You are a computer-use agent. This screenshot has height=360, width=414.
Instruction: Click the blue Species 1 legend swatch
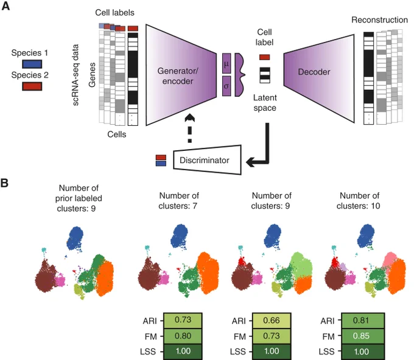pyautogui.click(x=32, y=64)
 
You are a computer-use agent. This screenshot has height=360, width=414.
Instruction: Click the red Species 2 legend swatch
pyautogui.click(x=32, y=86)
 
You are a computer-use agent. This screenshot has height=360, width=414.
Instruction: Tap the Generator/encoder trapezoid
pyautogui.click(x=181, y=75)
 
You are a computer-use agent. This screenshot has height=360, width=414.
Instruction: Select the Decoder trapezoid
pyautogui.click(x=319, y=78)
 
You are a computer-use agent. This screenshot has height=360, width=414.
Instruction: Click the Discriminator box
pyautogui.click(x=207, y=160)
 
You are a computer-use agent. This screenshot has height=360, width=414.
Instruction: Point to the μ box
pyautogui.click(x=226, y=63)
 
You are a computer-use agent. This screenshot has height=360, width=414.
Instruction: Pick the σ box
pyautogui.click(x=226, y=86)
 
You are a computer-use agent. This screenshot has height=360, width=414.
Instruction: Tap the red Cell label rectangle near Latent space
pyautogui.click(x=265, y=57)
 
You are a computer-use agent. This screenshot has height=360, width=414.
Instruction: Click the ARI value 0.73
pyautogui.click(x=183, y=320)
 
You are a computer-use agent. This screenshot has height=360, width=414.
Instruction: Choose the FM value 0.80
pyautogui.click(x=183, y=336)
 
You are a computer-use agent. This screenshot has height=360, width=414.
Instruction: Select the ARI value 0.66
pyautogui.click(x=272, y=320)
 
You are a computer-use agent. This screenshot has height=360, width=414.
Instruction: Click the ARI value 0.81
pyautogui.click(x=360, y=320)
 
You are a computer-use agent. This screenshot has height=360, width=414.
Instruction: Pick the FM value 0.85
pyautogui.click(x=360, y=336)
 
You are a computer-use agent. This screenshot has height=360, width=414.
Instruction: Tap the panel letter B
pyautogui.click(x=4, y=183)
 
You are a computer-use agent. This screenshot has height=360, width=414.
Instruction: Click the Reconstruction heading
pyautogui.click(x=379, y=20)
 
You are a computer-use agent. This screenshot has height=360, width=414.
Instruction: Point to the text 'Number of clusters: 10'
pyautogui.click(x=359, y=201)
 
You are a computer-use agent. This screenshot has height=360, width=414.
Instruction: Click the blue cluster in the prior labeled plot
pyautogui.click(x=75, y=238)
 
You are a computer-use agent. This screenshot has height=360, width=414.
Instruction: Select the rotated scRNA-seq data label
pyautogui.click(x=75, y=75)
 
